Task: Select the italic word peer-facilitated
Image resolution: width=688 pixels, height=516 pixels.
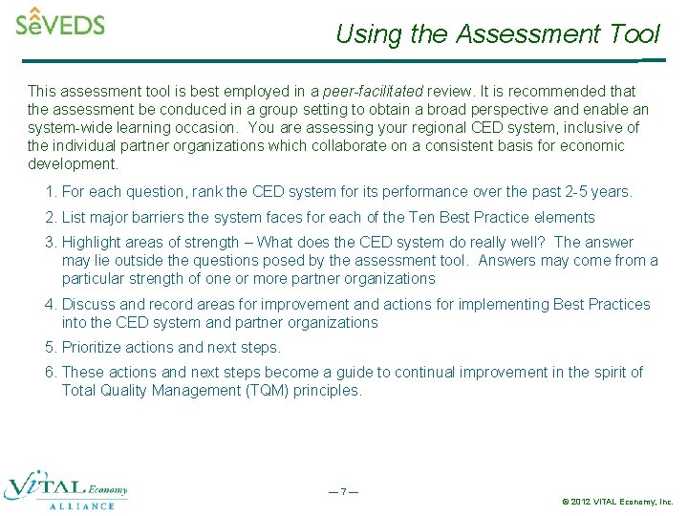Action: tap(373, 92)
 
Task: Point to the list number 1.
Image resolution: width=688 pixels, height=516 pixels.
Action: tap(50, 192)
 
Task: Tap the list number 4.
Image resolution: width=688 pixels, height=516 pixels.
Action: tap(50, 305)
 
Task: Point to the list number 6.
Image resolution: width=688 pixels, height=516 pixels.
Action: tap(50, 373)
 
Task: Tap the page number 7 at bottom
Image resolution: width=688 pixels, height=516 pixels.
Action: tap(343, 492)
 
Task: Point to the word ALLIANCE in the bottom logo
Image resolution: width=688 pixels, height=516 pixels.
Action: tap(81, 506)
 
